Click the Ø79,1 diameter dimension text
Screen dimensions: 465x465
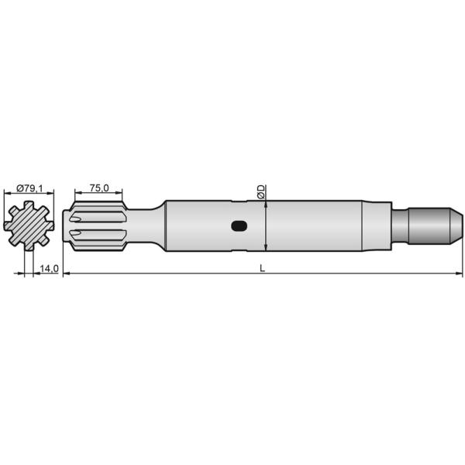(29, 187)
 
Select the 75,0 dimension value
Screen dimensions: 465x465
(98, 187)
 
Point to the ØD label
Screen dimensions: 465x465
(261, 191)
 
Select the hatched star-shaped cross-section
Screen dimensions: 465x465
(29, 226)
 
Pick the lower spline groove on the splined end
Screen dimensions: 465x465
(98, 234)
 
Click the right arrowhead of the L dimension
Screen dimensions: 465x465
(460, 274)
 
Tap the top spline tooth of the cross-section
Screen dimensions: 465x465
(29, 205)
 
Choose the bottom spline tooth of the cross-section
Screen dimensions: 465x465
(29, 246)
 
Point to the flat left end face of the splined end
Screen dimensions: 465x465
(71, 226)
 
